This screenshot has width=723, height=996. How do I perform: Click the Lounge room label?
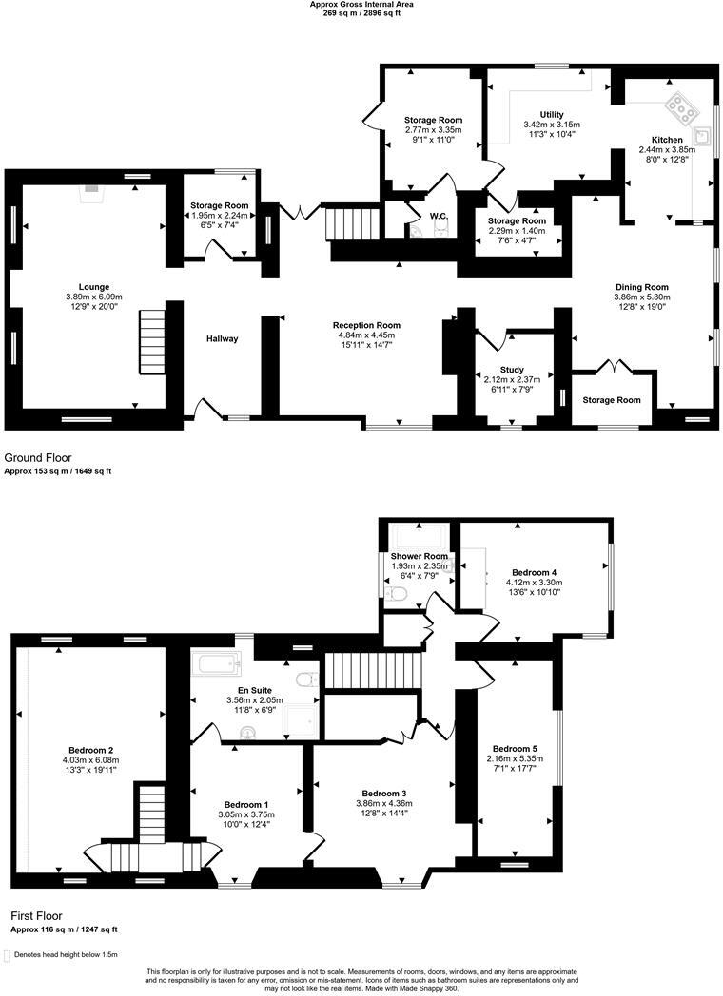click(x=94, y=286)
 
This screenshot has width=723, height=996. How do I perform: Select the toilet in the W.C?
click(x=417, y=230)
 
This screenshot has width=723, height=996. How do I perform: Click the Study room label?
click(x=512, y=370)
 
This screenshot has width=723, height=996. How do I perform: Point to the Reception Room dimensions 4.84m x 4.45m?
click(x=365, y=335)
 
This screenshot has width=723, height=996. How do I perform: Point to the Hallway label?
click(x=223, y=338)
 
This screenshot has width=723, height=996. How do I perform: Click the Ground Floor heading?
click(x=37, y=457)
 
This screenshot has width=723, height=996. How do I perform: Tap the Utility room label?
click(x=552, y=113)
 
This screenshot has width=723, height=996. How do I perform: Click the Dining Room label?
click(x=642, y=286)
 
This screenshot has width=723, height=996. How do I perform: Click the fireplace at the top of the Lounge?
click(x=91, y=189)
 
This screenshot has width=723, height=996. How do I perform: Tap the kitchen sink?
click(x=702, y=136)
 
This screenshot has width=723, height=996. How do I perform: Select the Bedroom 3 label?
click(x=384, y=793)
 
